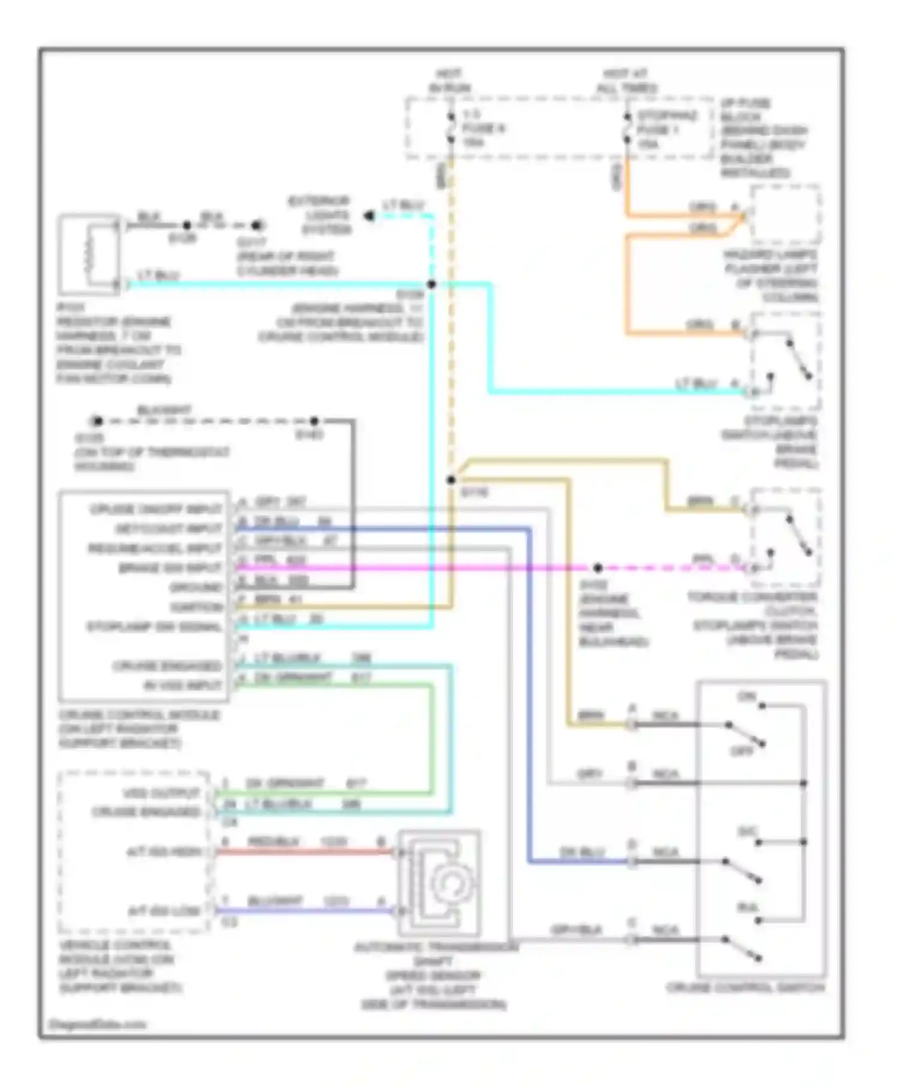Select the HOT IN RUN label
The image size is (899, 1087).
[x=449, y=80]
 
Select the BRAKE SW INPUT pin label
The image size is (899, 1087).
[x=170, y=567]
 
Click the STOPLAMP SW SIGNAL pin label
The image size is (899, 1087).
[x=155, y=627]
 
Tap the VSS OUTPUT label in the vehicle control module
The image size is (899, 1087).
[x=162, y=793]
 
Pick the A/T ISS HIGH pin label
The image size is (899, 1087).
[x=164, y=852]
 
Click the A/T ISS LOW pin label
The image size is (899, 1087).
[x=164, y=911]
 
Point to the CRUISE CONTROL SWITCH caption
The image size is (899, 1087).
[x=746, y=988]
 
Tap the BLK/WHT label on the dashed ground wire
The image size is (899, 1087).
[x=164, y=410]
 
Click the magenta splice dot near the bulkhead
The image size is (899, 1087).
[x=598, y=567]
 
